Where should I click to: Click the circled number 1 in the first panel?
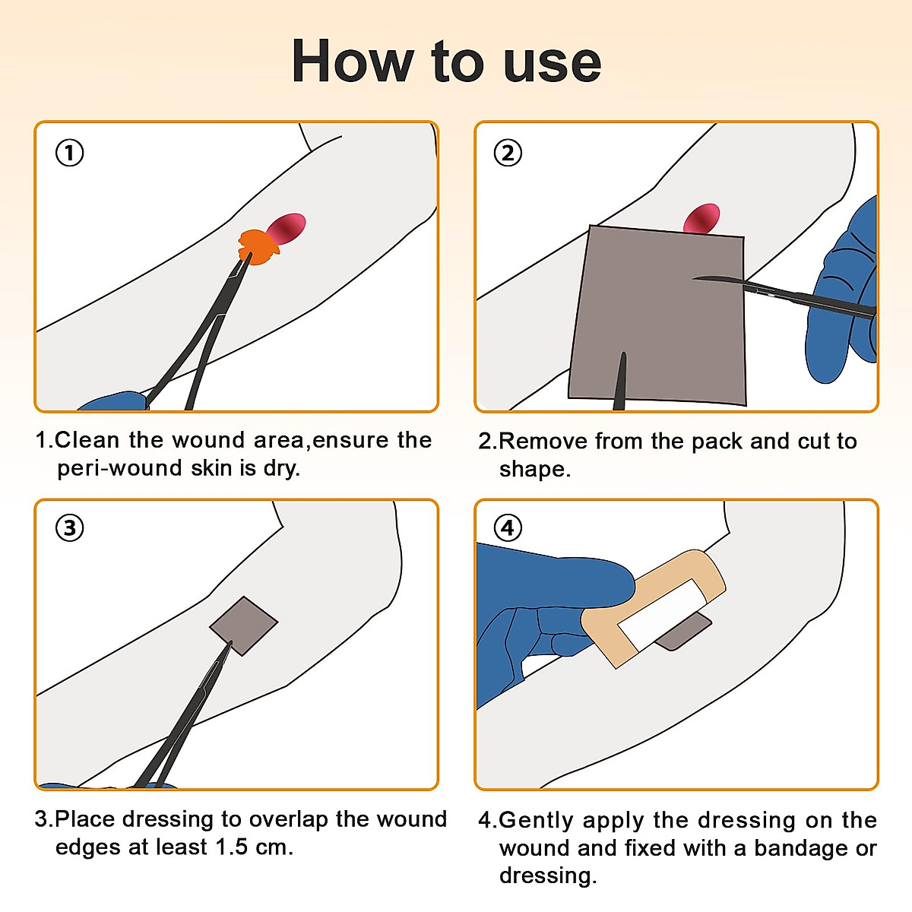70,153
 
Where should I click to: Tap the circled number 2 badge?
508,153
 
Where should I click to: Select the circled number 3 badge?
70,527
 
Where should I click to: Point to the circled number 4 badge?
508,527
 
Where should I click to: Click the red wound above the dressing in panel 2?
702,219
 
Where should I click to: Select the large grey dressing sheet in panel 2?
658,315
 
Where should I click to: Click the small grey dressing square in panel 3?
243,625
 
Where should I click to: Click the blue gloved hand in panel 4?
549,616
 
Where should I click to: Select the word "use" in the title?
553,67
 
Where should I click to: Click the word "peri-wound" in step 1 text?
120,468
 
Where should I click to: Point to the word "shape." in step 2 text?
535,469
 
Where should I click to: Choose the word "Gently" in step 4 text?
537,821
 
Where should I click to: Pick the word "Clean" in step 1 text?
87,440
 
